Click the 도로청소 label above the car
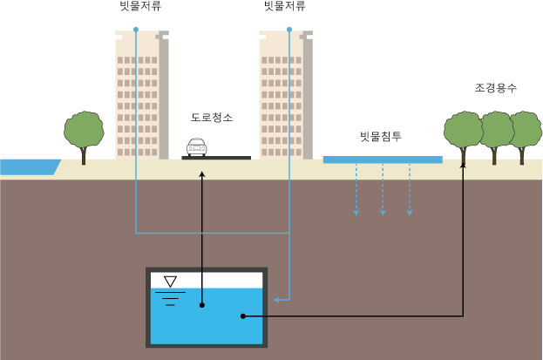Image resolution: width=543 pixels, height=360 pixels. tap(212, 117)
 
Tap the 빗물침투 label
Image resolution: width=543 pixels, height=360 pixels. tap(381, 137)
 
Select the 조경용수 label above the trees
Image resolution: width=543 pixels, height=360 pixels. tap(496, 88)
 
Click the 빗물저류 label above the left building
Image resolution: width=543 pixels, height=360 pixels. tap(140, 6)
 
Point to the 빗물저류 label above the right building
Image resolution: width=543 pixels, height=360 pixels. tap(285, 6)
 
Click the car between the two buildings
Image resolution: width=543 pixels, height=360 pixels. tap(197, 147)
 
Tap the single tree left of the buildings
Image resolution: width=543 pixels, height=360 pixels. tap(84, 133)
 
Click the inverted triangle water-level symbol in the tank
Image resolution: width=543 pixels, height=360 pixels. tap(170, 281)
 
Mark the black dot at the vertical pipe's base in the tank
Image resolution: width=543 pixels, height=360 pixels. tap(202, 305)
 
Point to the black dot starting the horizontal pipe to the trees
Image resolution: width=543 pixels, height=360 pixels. tap(243, 316)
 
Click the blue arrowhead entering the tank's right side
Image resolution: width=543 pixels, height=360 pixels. tap(276, 300)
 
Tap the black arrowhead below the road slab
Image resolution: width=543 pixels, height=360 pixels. tap(202, 174)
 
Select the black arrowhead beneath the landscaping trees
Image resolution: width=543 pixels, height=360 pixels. tap(463, 164)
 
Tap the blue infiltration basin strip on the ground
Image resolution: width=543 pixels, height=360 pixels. tap(382, 160)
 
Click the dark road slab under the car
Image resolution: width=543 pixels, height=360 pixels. tap(216, 158)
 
